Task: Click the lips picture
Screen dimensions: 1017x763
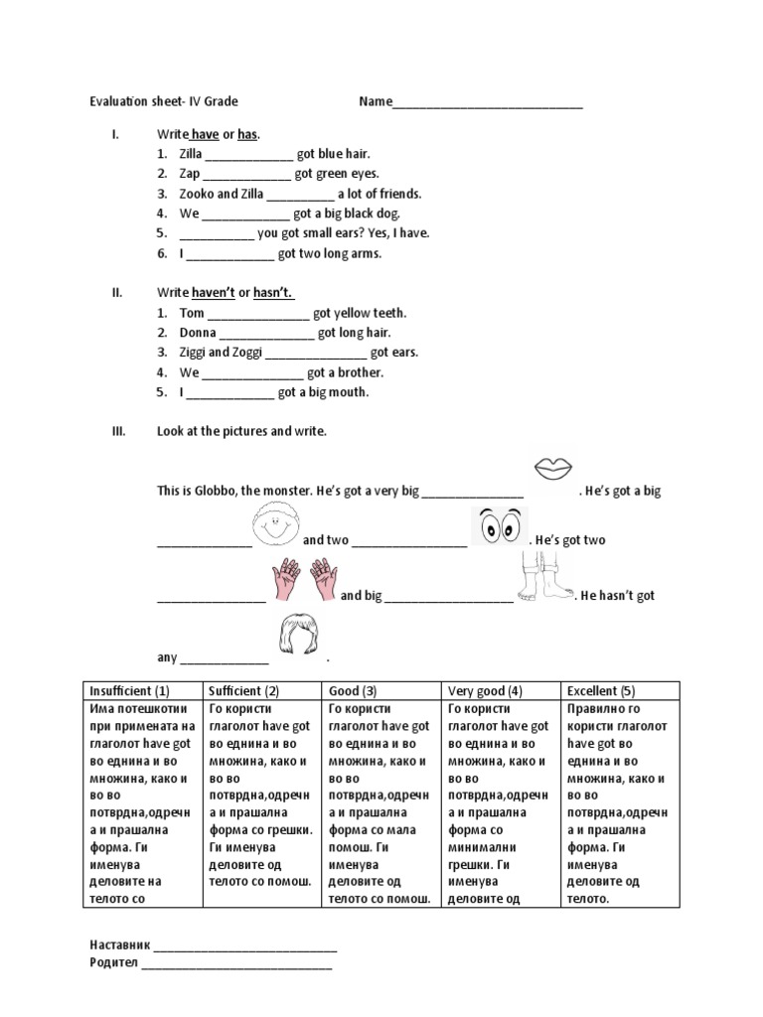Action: [552, 467]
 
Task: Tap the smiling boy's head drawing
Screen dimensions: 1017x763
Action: [276, 525]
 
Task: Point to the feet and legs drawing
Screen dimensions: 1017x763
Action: [542, 578]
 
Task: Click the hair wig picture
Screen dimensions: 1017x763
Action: [297, 635]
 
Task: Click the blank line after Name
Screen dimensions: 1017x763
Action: [488, 102]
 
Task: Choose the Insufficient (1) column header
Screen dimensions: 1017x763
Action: [130, 691]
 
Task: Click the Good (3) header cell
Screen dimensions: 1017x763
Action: [353, 691]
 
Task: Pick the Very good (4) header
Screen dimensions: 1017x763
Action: [485, 691]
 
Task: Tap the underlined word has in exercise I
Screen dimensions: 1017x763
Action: [247, 134]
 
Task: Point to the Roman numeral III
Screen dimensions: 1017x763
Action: [117, 432]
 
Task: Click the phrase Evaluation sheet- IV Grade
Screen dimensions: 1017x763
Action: [164, 101]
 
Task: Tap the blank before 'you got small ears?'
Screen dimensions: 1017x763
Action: [217, 234]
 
